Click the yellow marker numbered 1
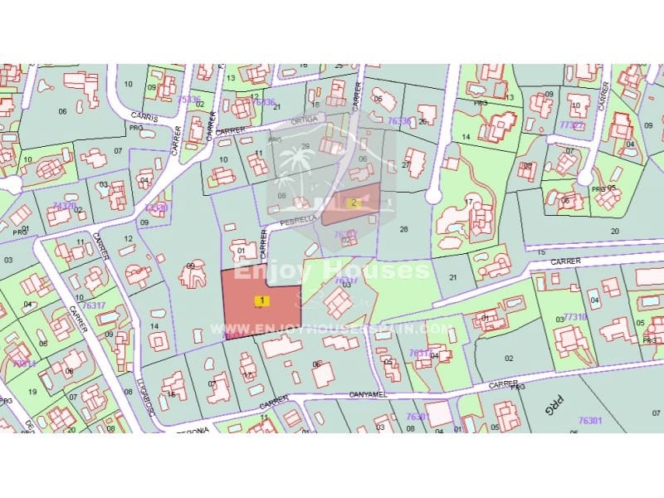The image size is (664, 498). coord(262,300)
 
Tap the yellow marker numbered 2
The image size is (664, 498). coord(353,202)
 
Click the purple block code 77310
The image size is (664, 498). coord(575,317)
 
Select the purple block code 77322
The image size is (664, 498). coord(572,124)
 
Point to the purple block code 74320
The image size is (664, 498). coord(64,205)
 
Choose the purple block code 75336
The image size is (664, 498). coord(189,100)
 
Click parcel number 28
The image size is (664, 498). coord(404,228)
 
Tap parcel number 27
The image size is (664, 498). coord(406,164)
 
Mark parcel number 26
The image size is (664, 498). coord(422,122)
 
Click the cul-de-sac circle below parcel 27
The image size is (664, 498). coord(432,196)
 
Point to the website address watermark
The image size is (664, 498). coord(332,330)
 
